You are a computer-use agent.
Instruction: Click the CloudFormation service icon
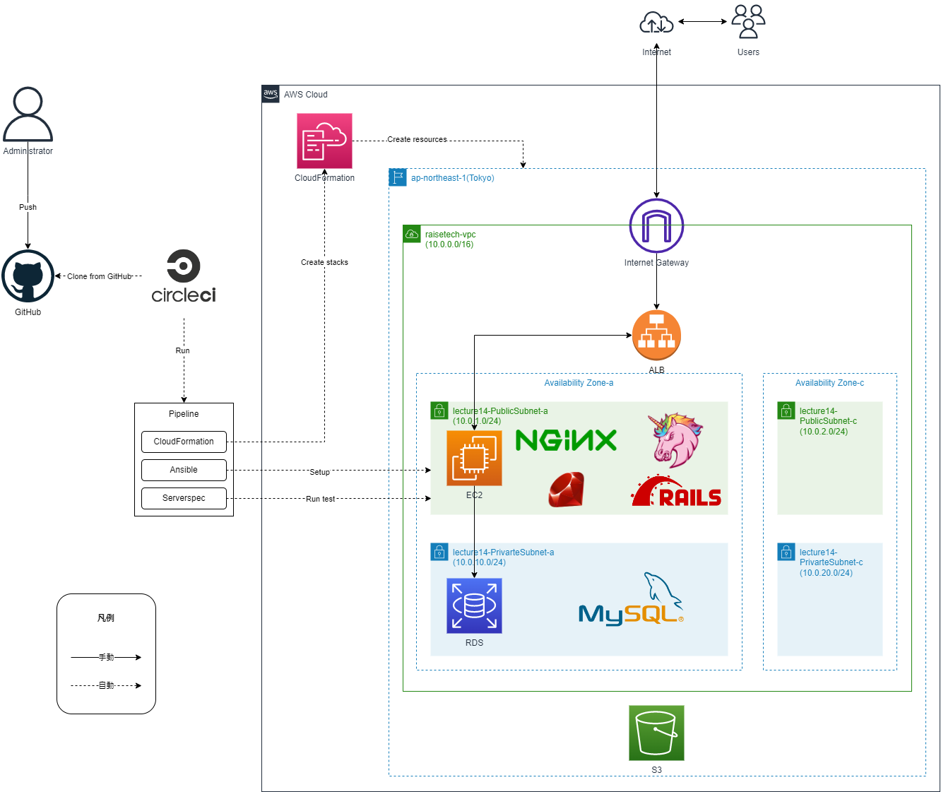[x=324, y=141]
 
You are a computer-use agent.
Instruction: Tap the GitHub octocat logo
[x=28, y=276]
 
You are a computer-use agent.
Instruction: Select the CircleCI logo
[x=184, y=276]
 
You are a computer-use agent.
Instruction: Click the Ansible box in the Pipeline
[x=184, y=470]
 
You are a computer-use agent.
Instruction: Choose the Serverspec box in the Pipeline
[x=184, y=498]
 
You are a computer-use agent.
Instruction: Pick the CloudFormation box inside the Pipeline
[x=184, y=442]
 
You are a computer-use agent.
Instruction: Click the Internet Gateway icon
[x=656, y=226]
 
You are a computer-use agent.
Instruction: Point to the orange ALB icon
[x=656, y=336]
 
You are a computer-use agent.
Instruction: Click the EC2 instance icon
[x=474, y=459]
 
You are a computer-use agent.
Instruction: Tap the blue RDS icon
[x=474, y=605]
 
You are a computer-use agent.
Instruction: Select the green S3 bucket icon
[x=656, y=733]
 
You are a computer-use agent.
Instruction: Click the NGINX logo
[x=566, y=440]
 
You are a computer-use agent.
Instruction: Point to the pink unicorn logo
[x=674, y=439]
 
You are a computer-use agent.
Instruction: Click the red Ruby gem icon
[x=566, y=490]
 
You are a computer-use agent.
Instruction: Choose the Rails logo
[x=676, y=492]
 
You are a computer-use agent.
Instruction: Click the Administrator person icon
[x=28, y=114]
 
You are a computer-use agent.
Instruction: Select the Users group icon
[x=748, y=22]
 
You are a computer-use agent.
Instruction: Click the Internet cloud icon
[x=656, y=23]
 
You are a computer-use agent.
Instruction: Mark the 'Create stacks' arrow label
[x=324, y=262]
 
